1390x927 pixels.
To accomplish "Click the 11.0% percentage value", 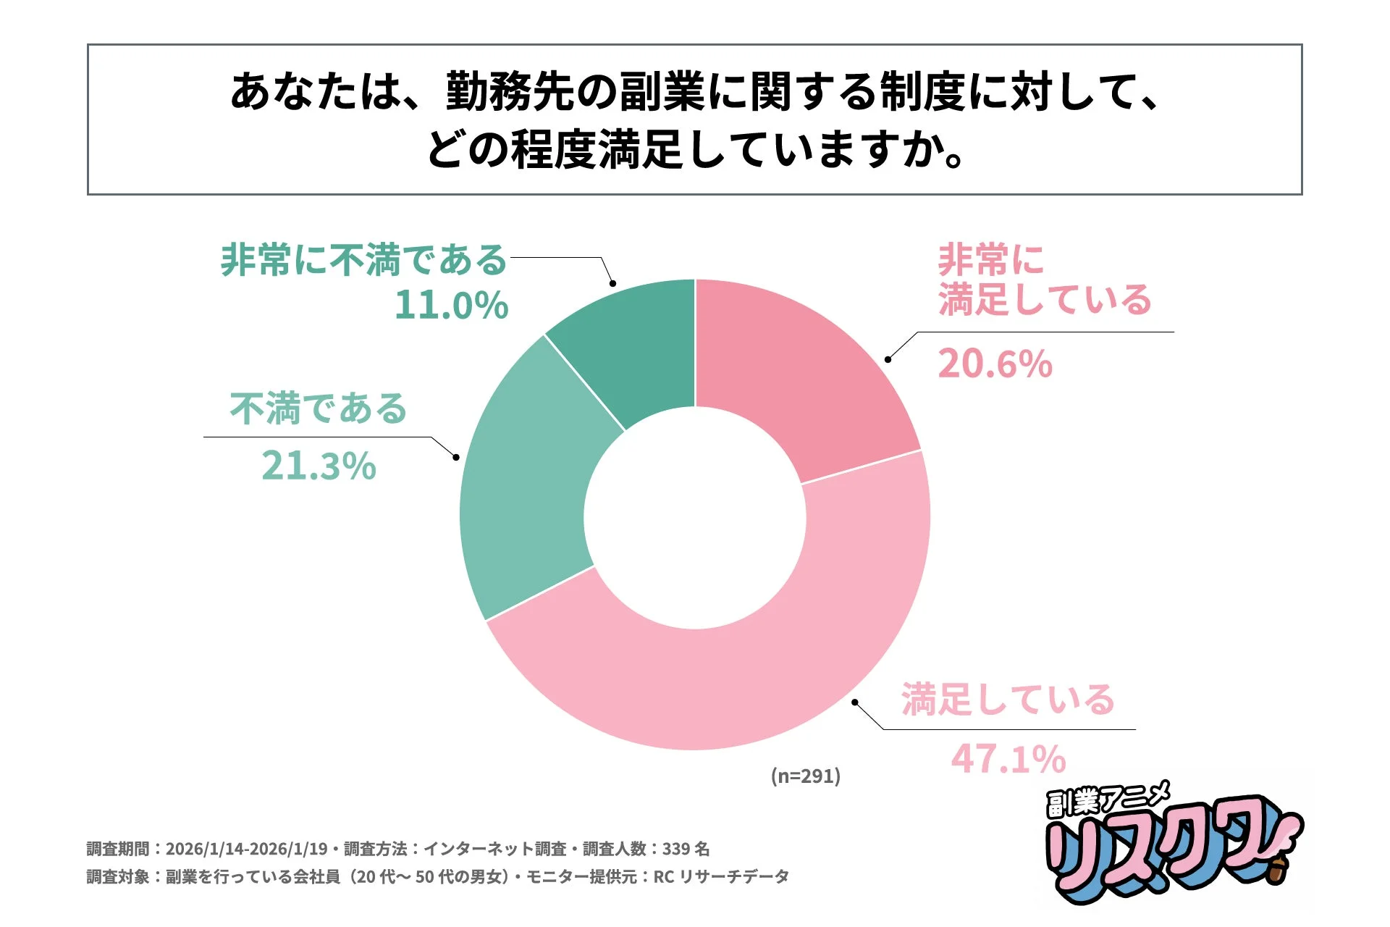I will (x=452, y=305).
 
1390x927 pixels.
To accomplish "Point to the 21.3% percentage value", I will (x=319, y=466).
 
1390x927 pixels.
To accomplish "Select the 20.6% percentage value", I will (x=995, y=364).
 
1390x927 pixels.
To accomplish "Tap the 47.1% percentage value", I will (x=1008, y=759).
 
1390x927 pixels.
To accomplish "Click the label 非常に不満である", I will (x=363, y=260).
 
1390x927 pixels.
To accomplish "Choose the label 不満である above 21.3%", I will (x=319, y=408).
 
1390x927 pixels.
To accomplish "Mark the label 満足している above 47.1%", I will (x=1008, y=700).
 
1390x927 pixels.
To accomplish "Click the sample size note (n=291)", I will (x=806, y=776).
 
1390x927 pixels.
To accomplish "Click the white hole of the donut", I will (x=695, y=518).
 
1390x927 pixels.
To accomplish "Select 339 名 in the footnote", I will (x=686, y=849).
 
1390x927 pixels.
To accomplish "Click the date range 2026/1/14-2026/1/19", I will (x=246, y=849).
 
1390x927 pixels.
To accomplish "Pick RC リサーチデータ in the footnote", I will (x=721, y=877).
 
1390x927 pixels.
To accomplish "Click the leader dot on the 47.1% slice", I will (x=855, y=702).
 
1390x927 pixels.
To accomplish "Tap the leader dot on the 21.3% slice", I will (x=456, y=457).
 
